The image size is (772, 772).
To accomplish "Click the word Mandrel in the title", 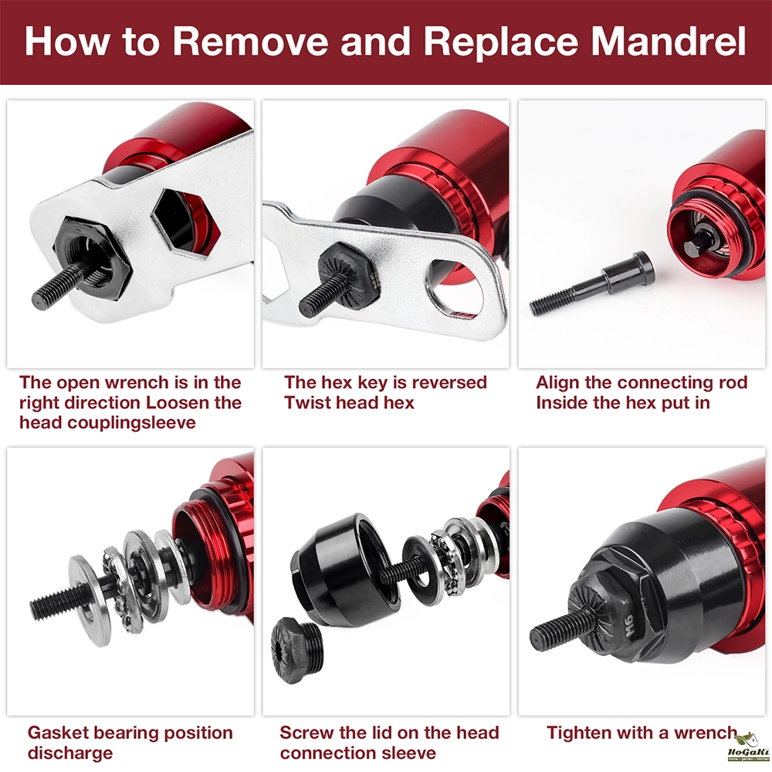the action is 669,42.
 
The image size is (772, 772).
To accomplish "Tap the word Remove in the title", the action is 250,42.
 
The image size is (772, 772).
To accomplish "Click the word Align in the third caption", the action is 557,383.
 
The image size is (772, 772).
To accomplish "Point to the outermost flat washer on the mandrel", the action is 89,600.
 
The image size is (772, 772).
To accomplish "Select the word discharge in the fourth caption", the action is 70,753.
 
